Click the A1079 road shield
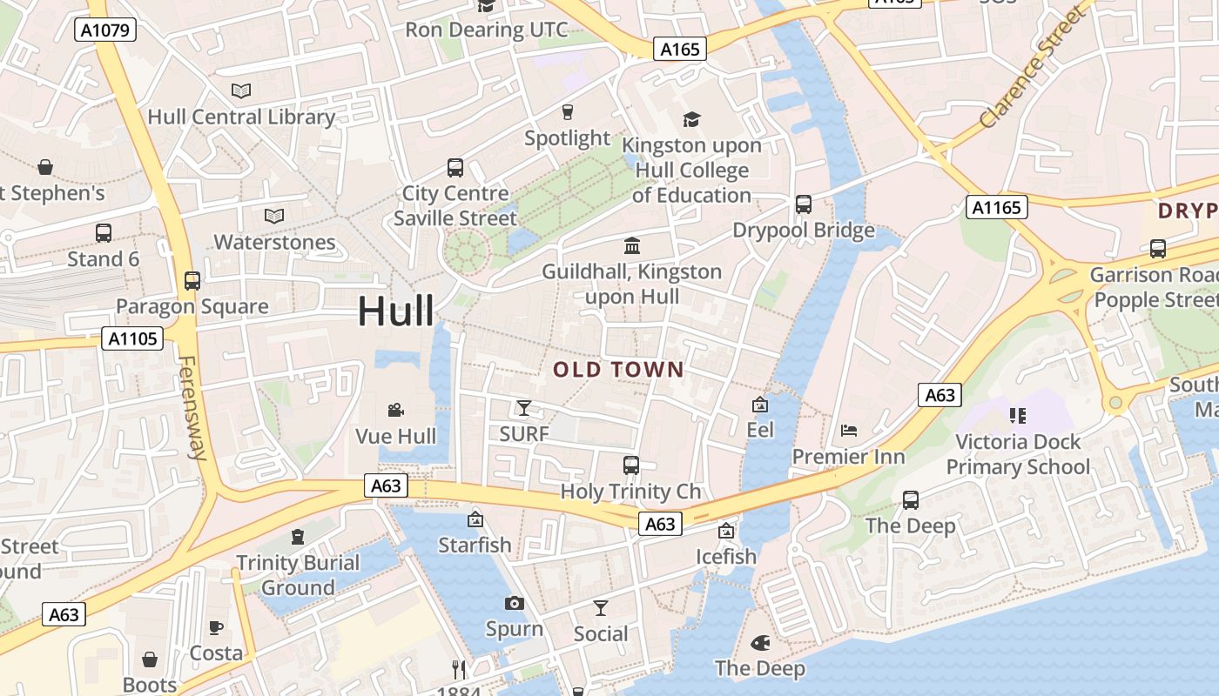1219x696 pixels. pyautogui.click(x=105, y=30)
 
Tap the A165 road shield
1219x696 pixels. pyautogui.click(x=680, y=50)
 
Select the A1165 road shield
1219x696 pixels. pyautogui.click(x=997, y=207)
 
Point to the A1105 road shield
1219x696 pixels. pyautogui.click(x=132, y=338)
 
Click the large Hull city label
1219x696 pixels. pyautogui.click(x=396, y=311)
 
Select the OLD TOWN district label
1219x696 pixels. pyautogui.click(x=619, y=370)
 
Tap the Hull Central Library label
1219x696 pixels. pyautogui.click(x=241, y=117)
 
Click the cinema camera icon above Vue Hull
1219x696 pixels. pyautogui.click(x=395, y=410)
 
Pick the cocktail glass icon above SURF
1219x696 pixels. pyautogui.click(x=523, y=408)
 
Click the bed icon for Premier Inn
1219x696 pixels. pyautogui.click(x=849, y=431)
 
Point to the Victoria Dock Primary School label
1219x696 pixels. pyautogui.click(x=1018, y=454)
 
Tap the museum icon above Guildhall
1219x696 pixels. pyautogui.click(x=632, y=246)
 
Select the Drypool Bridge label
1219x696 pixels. pyautogui.click(x=804, y=231)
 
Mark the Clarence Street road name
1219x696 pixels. pyautogui.click(x=1034, y=68)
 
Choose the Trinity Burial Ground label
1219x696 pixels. pyautogui.click(x=298, y=575)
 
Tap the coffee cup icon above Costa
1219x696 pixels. pyautogui.click(x=216, y=627)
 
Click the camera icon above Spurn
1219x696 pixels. pyautogui.click(x=515, y=603)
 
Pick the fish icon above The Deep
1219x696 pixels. pyautogui.click(x=760, y=643)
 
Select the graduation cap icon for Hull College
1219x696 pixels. pyautogui.click(x=691, y=119)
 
